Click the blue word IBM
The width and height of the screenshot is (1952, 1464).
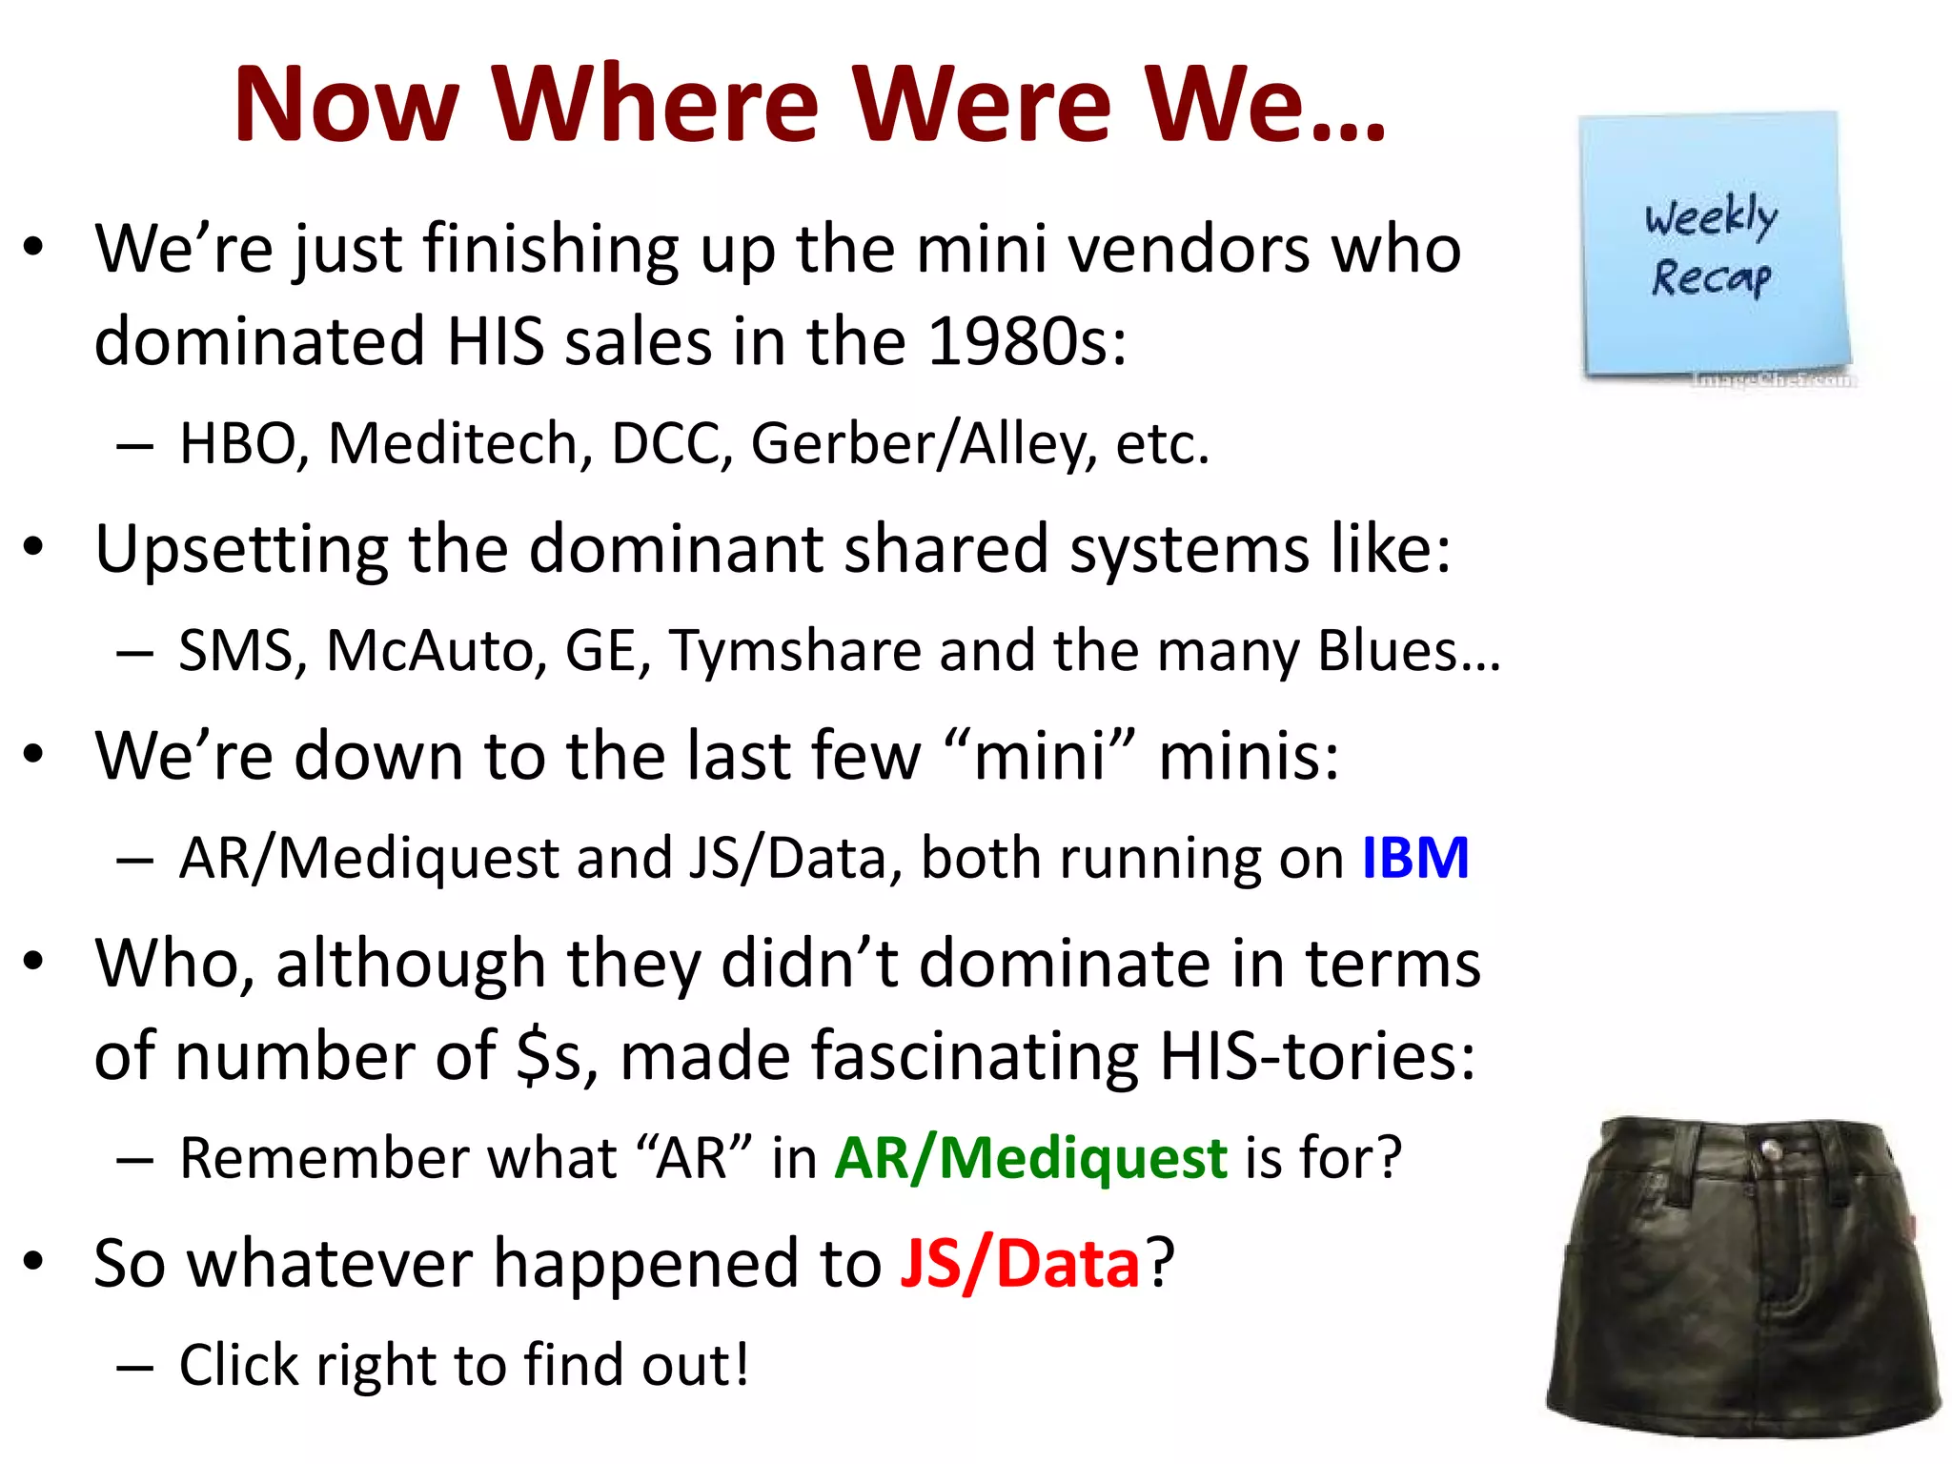click(x=1414, y=858)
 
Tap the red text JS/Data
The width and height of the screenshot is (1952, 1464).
click(x=1019, y=1264)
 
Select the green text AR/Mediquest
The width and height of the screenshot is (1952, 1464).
click(x=1030, y=1158)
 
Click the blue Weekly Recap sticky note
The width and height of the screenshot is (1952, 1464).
click(x=1713, y=246)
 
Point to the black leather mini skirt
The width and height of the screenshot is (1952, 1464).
click(x=1742, y=1277)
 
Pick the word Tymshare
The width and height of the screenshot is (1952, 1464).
click(x=795, y=651)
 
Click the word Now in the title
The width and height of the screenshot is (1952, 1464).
click(x=347, y=104)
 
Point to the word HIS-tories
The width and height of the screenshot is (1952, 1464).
click(x=1316, y=1056)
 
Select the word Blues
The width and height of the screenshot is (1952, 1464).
click(x=1388, y=651)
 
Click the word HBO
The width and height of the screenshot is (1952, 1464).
click(x=241, y=444)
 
